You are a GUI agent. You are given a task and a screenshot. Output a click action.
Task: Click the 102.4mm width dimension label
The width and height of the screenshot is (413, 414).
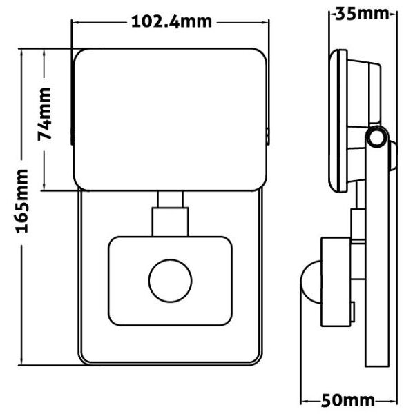(x=171, y=21)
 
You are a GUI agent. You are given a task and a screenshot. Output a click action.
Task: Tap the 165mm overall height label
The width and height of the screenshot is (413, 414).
(x=22, y=201)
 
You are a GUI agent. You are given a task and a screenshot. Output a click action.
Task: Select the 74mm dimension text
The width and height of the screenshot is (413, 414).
(x=44, y=114)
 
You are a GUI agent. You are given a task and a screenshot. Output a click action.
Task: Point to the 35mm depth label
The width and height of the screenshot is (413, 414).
(x=363, y=14)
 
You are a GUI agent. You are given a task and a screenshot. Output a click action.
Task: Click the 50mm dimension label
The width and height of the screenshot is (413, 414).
(x=348, y=400)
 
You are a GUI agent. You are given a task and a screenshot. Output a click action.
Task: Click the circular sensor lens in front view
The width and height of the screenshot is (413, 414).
(x=170, y=281)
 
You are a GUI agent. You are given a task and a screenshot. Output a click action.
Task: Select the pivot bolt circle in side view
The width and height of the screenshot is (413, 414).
(x=377, y=137)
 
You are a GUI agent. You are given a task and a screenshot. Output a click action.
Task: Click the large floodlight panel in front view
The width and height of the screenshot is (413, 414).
(x=170, y=119)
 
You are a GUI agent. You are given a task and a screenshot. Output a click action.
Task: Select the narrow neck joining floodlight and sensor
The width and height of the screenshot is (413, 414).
(x=170, y=200)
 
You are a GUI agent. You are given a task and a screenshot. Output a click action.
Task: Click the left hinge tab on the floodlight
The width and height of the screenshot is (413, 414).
(x=72, y=136)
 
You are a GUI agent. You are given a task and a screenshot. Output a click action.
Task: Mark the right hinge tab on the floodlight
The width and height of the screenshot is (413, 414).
(x=268, y=136)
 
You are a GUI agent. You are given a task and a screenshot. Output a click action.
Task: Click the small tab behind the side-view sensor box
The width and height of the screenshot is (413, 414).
(x=352, y=312)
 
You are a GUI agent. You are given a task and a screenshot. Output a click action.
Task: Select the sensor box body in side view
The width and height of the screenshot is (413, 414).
(x=336, y=282)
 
